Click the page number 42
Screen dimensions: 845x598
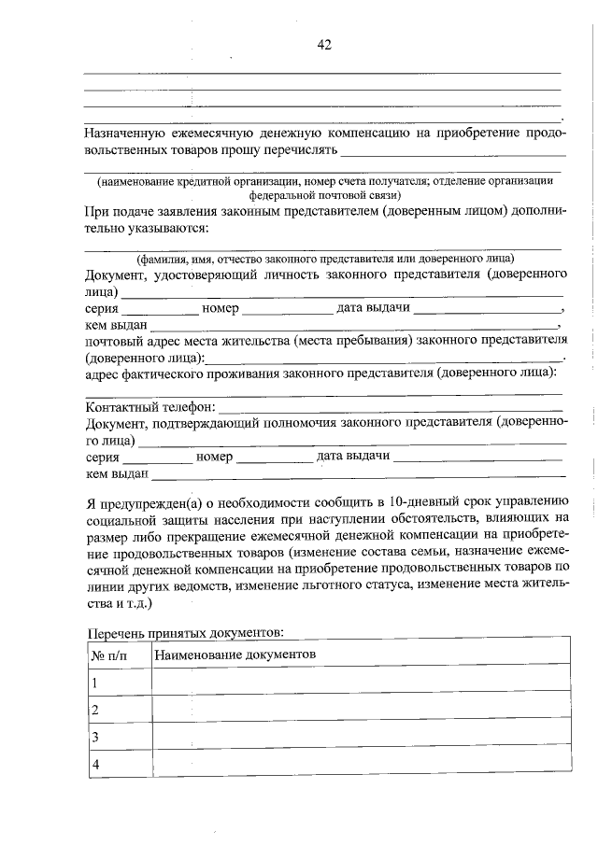pyautogui.click(x=324, y=44)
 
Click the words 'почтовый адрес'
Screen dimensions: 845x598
pyautogui.click(x=127, y=341)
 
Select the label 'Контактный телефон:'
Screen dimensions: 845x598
pyautogui.click(x=149, y=407)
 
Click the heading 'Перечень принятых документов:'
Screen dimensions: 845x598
pyautogui.click(x=184, y=632)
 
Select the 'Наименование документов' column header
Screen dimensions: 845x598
pyautogui.click(x=235, y=654)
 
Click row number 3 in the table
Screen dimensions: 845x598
pyautogui.click(x=95, y=738)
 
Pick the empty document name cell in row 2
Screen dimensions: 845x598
pyautogui.click(x=360, y=710)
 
